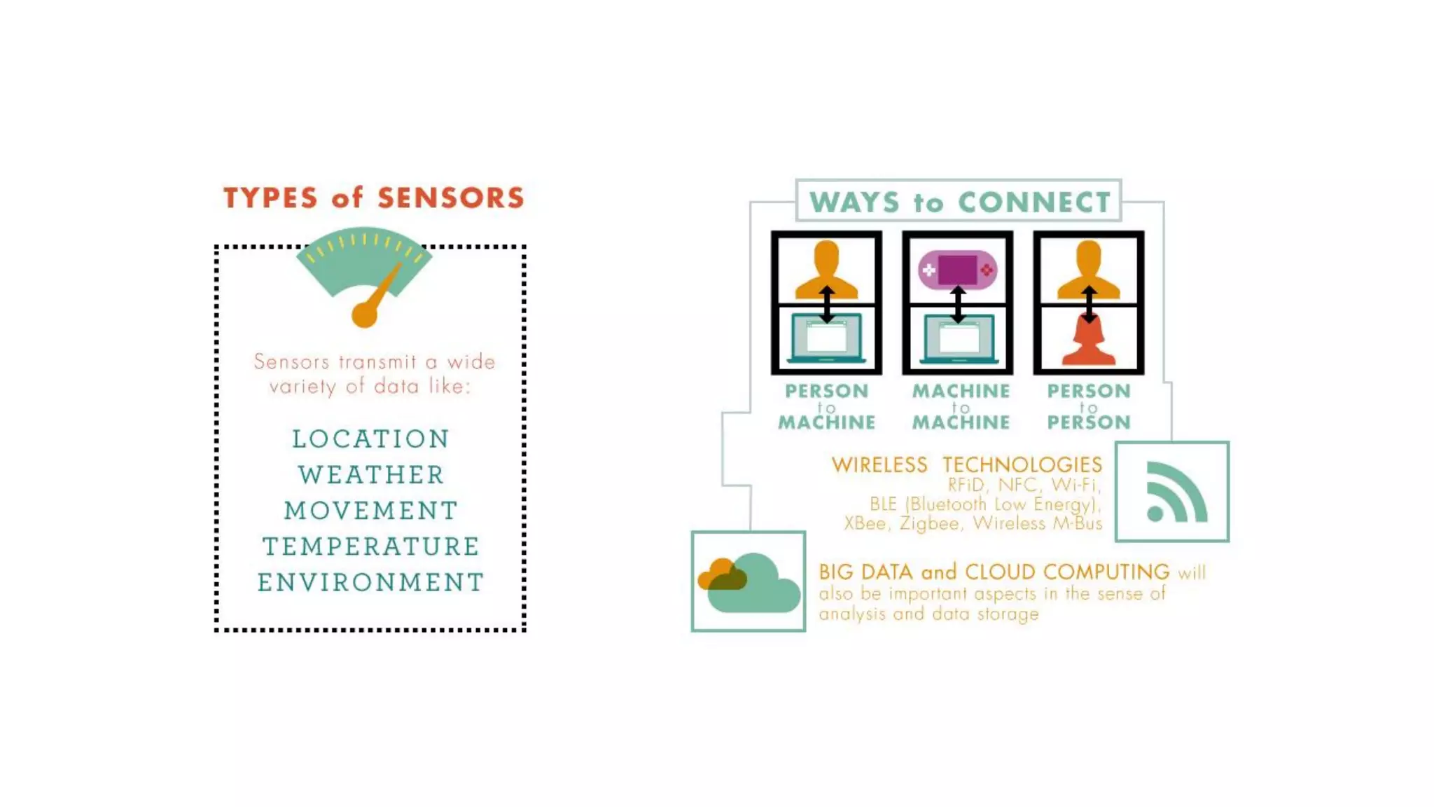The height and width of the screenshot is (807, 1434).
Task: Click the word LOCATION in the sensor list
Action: click(370, 439)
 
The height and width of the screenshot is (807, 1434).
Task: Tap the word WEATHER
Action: click(371, 475)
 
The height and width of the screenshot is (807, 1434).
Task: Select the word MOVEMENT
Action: click(371, 511)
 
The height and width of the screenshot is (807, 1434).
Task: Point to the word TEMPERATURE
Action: click(371, 546)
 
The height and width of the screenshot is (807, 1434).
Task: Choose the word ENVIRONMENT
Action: click(371, 582)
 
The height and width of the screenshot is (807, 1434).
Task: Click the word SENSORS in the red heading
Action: click(451, 198)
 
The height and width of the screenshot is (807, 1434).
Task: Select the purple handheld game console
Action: click(957, 270)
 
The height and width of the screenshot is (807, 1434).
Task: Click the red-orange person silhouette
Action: click(1089, 343)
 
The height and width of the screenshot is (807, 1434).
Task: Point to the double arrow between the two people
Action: click(1089, 303)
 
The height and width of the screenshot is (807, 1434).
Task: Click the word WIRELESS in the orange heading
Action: click(879, 464)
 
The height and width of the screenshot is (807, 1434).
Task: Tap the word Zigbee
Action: click(928, 523)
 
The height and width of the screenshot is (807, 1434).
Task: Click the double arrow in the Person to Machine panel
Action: click(827, 303)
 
